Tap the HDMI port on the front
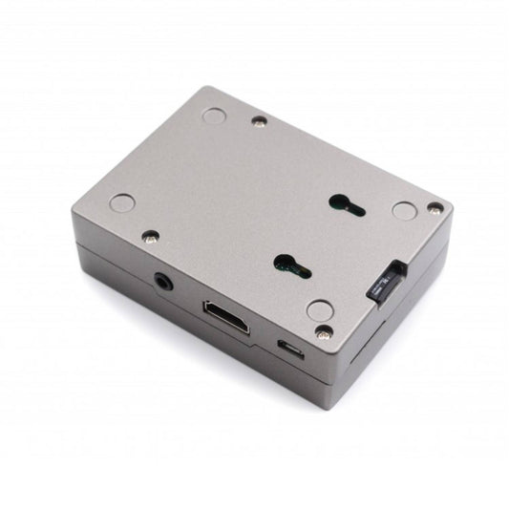pyautogui.click(x=225, y=316)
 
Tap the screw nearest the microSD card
pyautogui.click(x=435, y=207)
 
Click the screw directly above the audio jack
pyautogui.click(x=150, y=236)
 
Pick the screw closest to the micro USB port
pyautogui.click(x=325, y=331)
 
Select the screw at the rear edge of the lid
pyautogui.click(x=259, y=120)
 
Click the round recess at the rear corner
pyautogui.click(x=215, y=116)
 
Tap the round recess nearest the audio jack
pyautogui.click(x=122, y=202)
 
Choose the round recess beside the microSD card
pyautogui.click(x=404, y=210)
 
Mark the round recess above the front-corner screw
pyautogui.click(x=319, y=310)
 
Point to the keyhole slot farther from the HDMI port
pyautogui.click(x=346, y=202)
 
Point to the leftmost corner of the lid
pyautogui.click(x=74, y=212)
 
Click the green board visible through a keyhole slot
pyautogui.click(x=284, y=270)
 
